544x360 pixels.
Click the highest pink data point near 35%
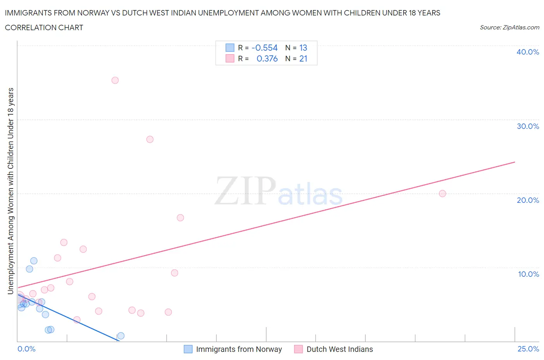click(x=115, y=81)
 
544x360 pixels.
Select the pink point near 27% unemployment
click(x=150, y=139)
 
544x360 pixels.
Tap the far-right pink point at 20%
click(x=442, y=194)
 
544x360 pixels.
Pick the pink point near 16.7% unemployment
click(x=180, y=218)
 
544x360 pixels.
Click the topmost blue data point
click(x=34, y=261)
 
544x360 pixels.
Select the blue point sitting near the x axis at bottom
click(x=121, y=336)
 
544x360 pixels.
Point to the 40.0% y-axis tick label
click(x=528, y=52)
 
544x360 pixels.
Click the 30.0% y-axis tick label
click(x=528, y=126)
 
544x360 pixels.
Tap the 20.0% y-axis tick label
click(x=528, y=200)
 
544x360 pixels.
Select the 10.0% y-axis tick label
click(x=528, y=274)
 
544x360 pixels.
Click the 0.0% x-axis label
click(x=26, y=349)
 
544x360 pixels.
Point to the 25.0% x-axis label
click(x=528, y=349)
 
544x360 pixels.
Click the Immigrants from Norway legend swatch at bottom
click(x=188, y=349)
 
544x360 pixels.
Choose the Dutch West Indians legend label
click(x=339, y=349)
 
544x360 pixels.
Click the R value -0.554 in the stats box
click(x=265, y=48)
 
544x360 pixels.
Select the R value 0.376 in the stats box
click(x=267, y=58)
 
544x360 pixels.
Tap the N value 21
click(x=303, y=58)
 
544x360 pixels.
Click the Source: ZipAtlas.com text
click(x=509, y=27)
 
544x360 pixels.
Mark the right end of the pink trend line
click(x=515, y=162)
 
